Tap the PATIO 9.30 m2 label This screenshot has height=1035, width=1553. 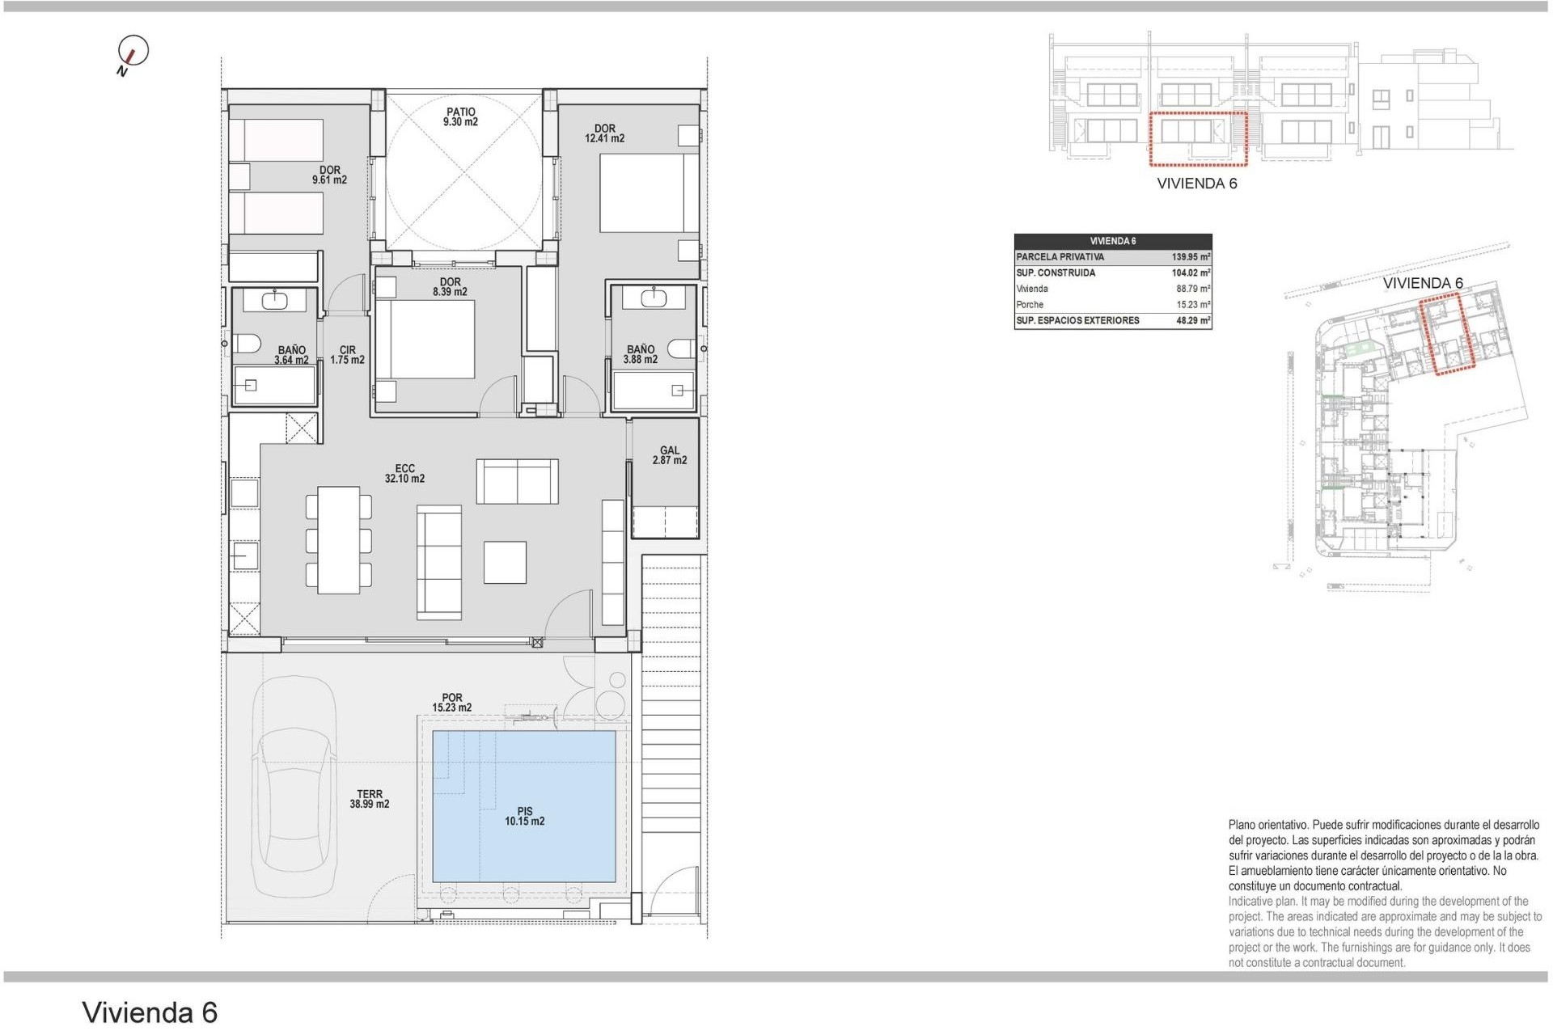tap(460, 117)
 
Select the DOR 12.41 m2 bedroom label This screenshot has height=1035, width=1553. tap(604, 133)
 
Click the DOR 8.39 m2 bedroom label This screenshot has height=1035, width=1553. tap(450, 287)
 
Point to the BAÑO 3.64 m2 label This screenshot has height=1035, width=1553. tap(291, 355)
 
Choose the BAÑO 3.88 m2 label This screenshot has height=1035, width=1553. tap(641, 354)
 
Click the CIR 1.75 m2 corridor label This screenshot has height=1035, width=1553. tap(347, 355)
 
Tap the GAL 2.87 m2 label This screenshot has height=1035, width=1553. tap(669, 455)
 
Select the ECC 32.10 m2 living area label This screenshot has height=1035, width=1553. tap(404, 473)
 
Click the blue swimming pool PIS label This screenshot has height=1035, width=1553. tap(524, 816)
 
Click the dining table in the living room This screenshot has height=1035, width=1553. tap(339, 540)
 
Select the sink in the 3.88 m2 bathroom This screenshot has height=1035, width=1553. tap(654, 298)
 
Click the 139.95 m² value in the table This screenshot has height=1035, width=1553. tap(1190, 257)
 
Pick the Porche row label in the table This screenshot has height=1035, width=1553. tap(1030, 305)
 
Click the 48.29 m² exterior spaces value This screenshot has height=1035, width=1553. tap(1192, 321)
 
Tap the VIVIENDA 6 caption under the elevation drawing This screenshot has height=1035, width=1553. tap(1196, 184)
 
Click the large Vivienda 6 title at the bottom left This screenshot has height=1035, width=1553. tap(150, 1012)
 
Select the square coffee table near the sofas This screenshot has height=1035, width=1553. tap(505, 562)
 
